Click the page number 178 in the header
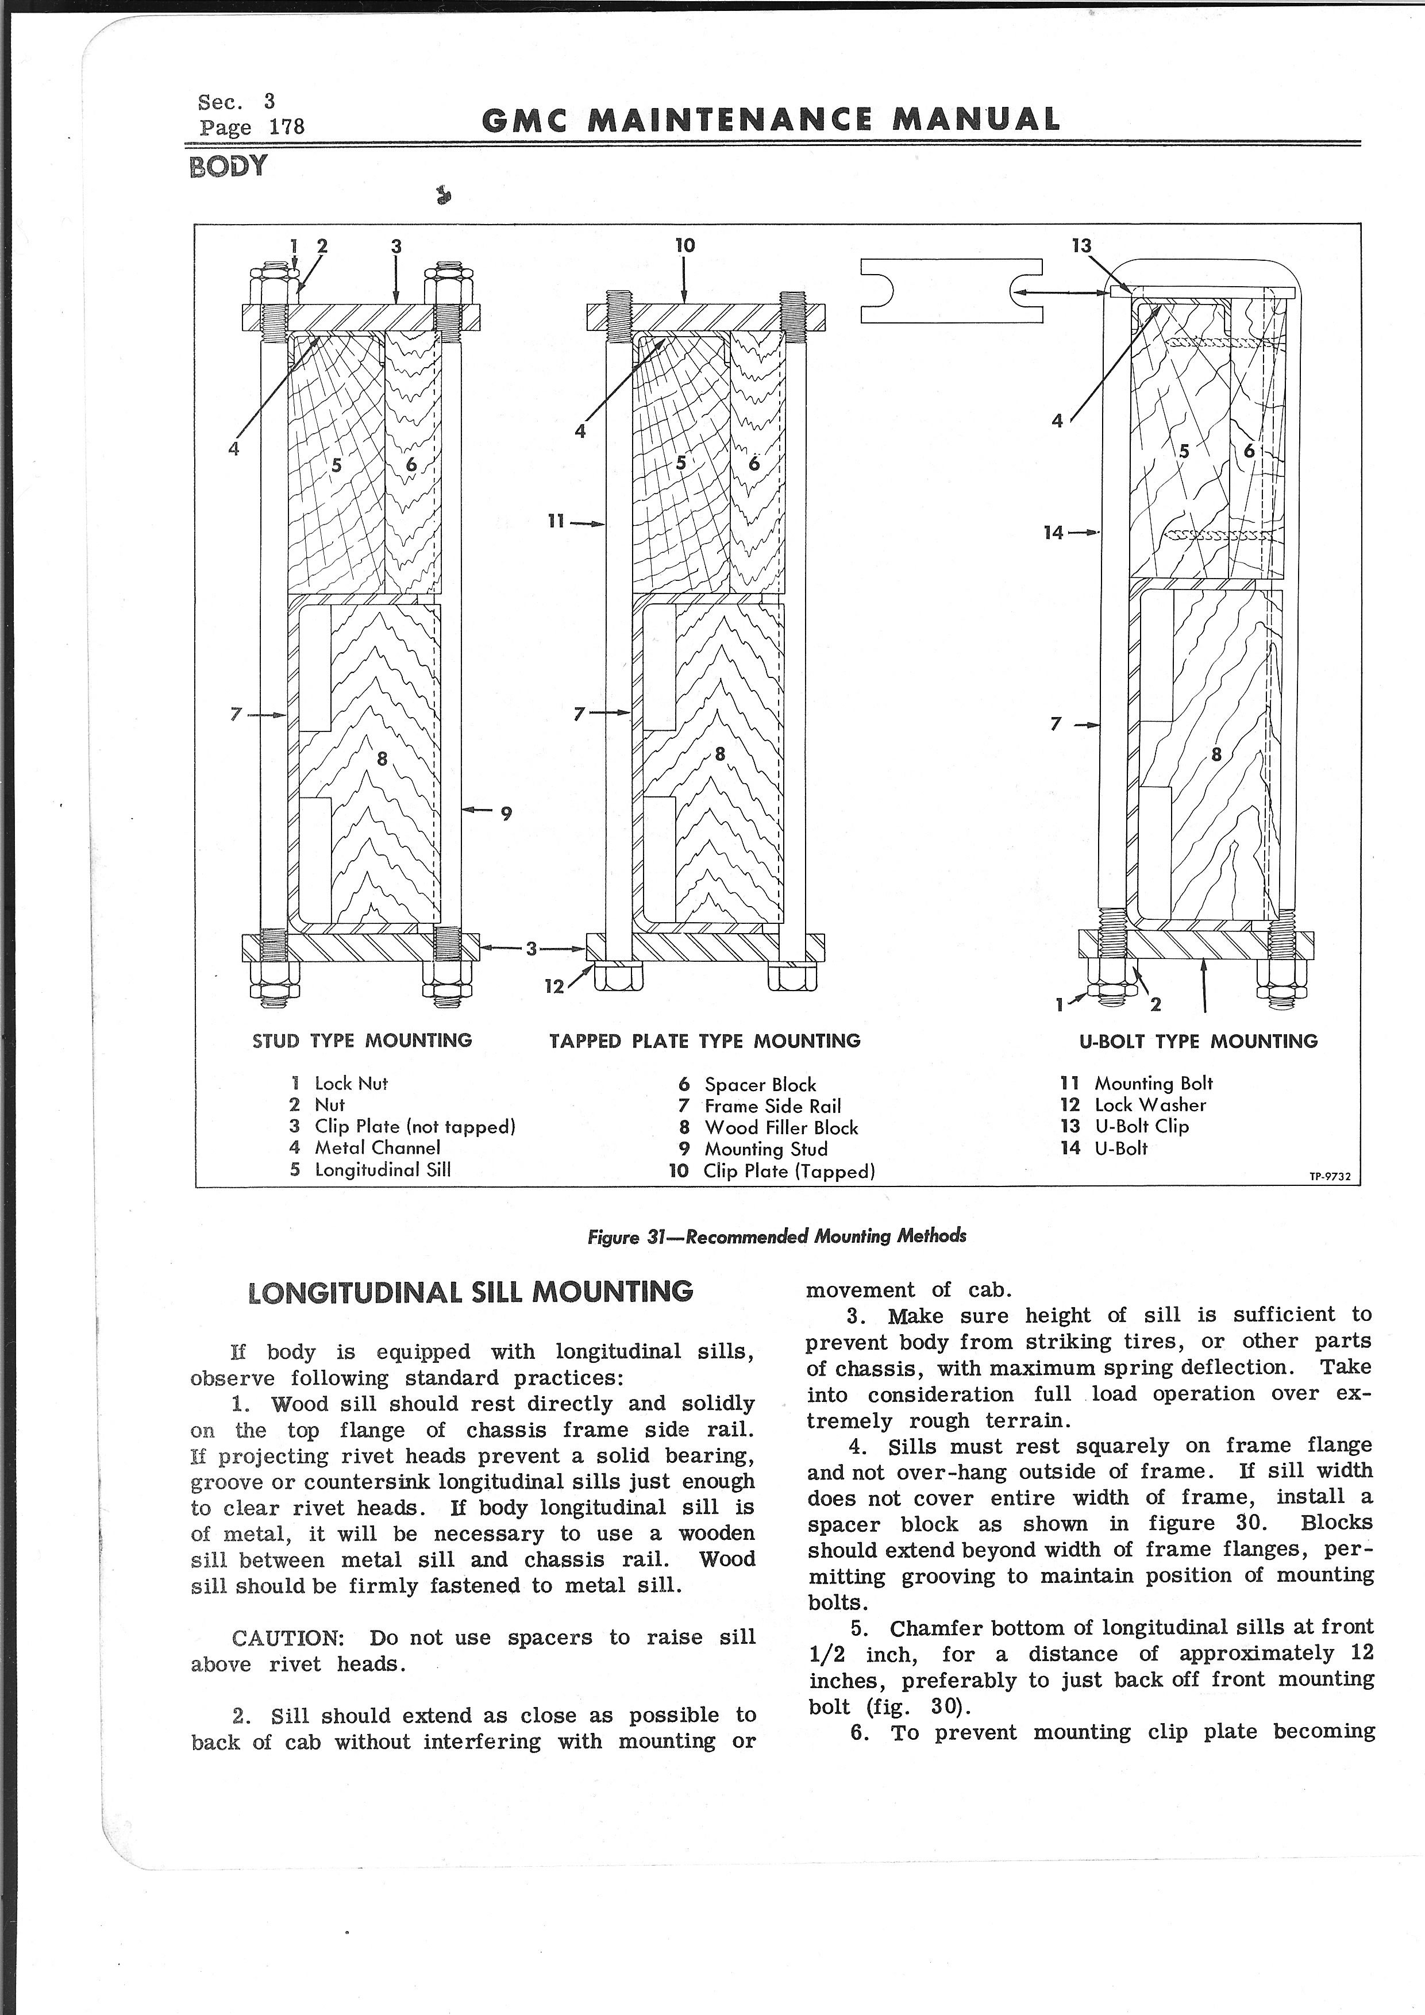(286, 126)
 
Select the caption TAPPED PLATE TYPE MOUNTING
(704, 1041)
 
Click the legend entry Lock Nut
(350, 1084)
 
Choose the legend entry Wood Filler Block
(780, 1128)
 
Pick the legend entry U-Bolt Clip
(1141, 1126)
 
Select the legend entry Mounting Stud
(765, 1149)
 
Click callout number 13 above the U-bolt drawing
(1081, 246)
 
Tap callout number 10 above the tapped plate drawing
(684, 246)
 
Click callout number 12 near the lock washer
(554, 987)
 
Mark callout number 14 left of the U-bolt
(1054, 533)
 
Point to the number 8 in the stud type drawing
(382, 758)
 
